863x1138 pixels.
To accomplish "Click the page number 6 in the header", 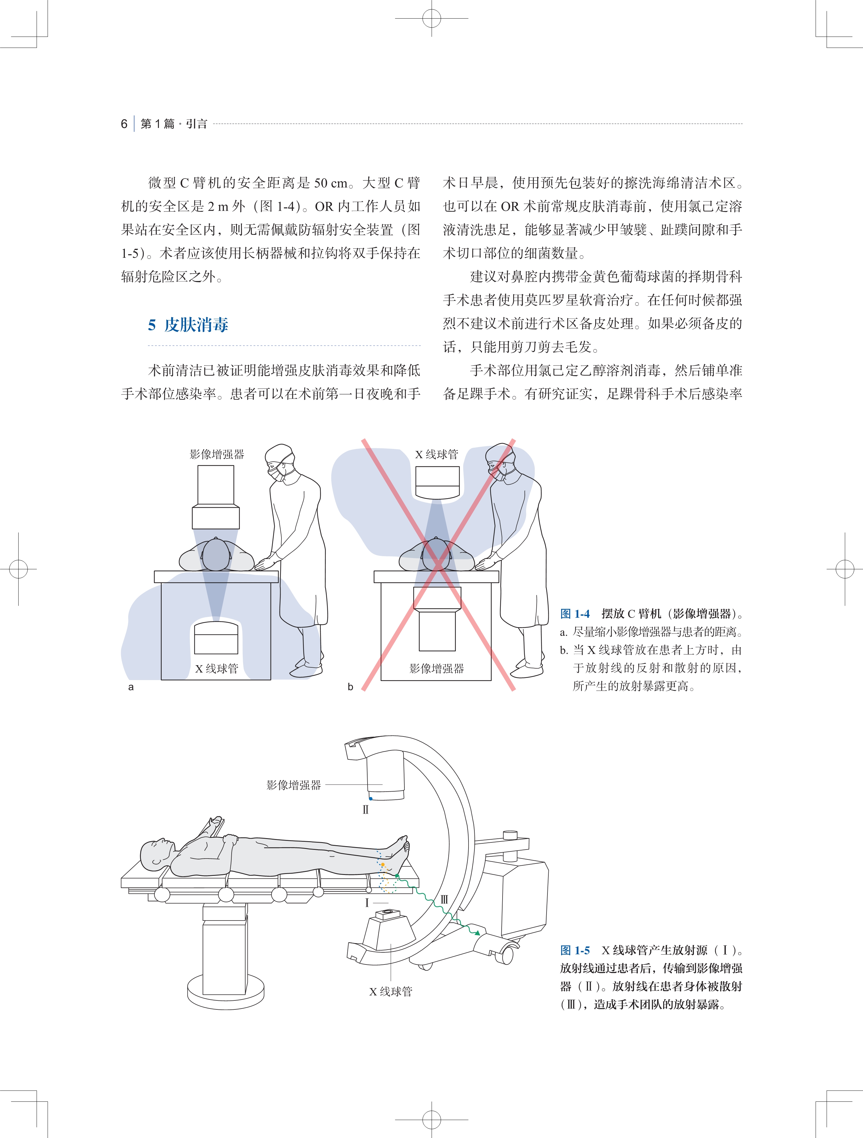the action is coord(124,124).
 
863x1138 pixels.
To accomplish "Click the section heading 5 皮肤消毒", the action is coord(188,325).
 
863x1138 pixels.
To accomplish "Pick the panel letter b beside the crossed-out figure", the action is coord(350,687).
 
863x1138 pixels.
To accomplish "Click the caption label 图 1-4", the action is coord(574,614).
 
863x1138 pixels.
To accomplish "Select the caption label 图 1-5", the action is coord(574,950).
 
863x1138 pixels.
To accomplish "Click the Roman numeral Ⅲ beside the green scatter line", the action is coord(444,900).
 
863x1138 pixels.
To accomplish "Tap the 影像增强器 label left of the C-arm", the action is coord(294,785).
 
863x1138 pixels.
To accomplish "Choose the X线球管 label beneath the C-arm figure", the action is coord(390,991).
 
